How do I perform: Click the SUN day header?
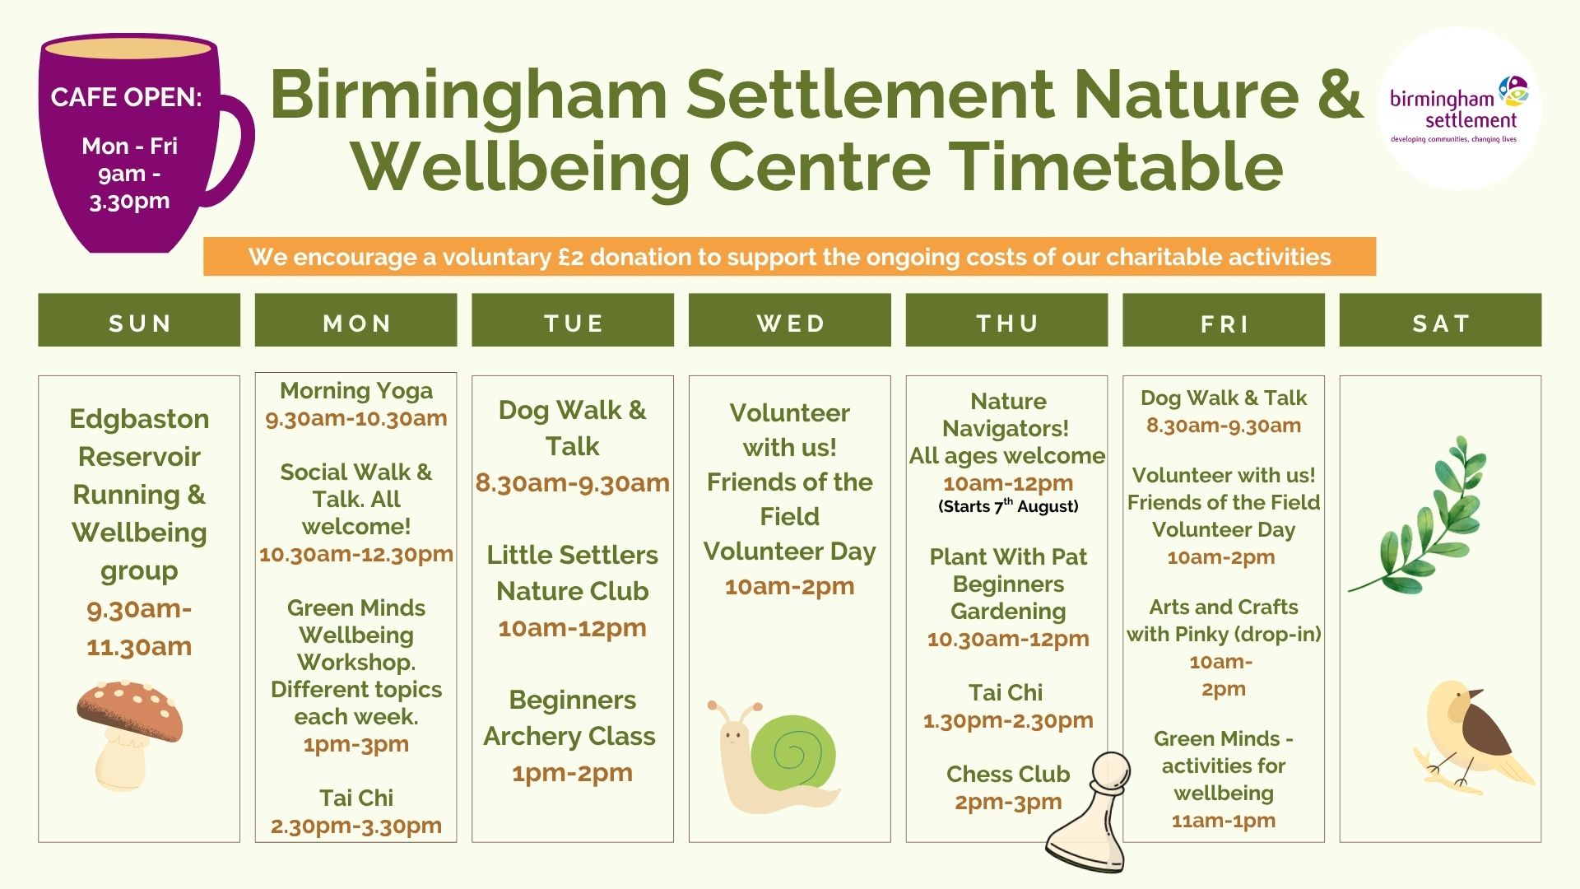point(139,320)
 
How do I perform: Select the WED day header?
point(790,320)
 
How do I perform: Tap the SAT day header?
point(1440,320)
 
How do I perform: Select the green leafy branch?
point(1420,514)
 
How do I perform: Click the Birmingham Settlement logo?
point(1459,109)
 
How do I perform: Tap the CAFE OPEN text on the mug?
point(126,97)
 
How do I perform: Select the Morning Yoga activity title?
point(356,390)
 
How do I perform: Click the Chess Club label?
point(1008,774)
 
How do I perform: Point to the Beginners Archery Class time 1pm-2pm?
point(572,773)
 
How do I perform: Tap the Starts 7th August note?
point(1008,506)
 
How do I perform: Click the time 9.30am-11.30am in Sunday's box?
point(139,627)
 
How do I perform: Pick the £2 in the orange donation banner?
point(570,257)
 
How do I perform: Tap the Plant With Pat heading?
point(1008,557)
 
